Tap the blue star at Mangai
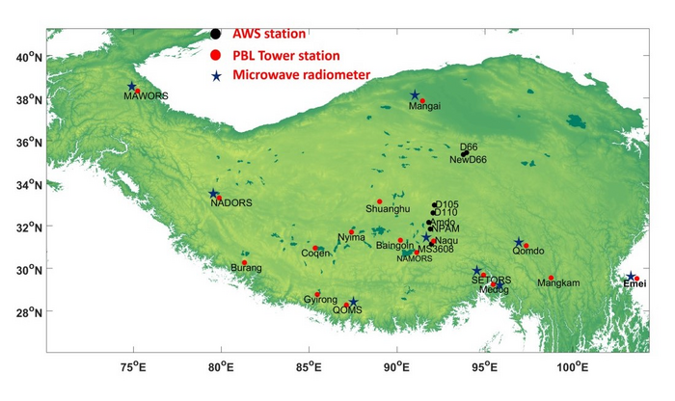415,94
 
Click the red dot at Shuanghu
379,201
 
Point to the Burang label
246,268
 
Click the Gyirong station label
320,300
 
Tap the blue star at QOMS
353,303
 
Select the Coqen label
315,254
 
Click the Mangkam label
559,283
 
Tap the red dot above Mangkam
551,278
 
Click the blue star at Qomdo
519,243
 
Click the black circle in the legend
216,34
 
